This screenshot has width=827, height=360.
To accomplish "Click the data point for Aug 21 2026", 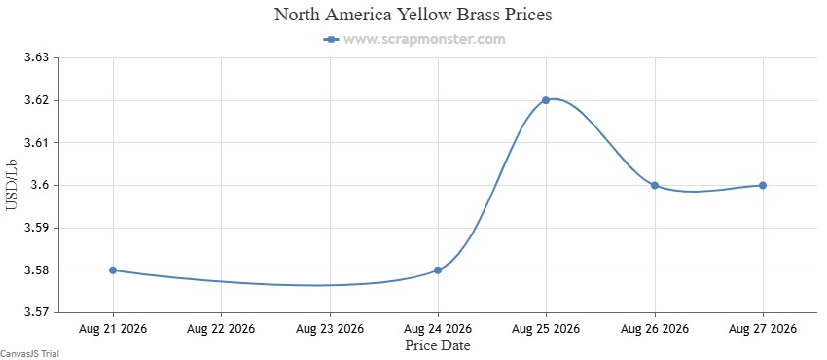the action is pyautogui.click(x=113, y=270).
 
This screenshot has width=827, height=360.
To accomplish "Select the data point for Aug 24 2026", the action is pyautogui.click(x=438, y=270).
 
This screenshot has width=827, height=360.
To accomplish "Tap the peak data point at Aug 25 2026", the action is pyautogui.click(x=546, y=100).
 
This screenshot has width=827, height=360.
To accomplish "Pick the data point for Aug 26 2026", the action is pyautogui.click(x=655, y=186).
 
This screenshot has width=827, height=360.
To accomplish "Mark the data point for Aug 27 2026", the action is pyautogui.click(x=763, y=186).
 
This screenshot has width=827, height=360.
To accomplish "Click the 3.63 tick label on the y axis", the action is pyautogui.click(x=37, y=57).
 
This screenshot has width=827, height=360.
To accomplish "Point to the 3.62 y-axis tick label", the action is pyautogui.click(x=37, y=100).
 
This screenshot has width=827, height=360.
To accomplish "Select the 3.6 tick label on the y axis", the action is pyautogui.click(x=41, y=186).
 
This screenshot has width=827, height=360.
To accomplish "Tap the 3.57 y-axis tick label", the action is pyautogui.click(x=37, y=313).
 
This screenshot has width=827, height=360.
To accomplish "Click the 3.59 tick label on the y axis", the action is pyautogui.click(x=37, y=229).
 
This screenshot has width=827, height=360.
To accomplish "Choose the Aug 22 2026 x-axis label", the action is pyautogui.click(x=221, y=329).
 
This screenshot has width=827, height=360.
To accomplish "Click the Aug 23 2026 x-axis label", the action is pyautogui.click(x=330, y=329).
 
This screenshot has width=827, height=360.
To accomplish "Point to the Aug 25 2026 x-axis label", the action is pyautogui.click(x=546, y=329).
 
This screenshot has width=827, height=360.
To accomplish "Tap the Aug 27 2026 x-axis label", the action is pyautogui.click(x=763, y=329).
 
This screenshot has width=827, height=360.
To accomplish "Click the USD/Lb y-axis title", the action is pyautogui.click(x=12, y=185).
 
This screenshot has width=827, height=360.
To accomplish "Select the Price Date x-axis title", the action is pyautogui.click(x=438, y=345).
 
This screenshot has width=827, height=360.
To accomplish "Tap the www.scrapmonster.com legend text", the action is pyautogui.click(x=424, y=39).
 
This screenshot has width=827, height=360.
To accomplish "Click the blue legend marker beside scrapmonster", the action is pyautogui.click(x=331, y=40).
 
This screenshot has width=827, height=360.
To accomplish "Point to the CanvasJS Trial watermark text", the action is pyautogui.click(x=30, y=353).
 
